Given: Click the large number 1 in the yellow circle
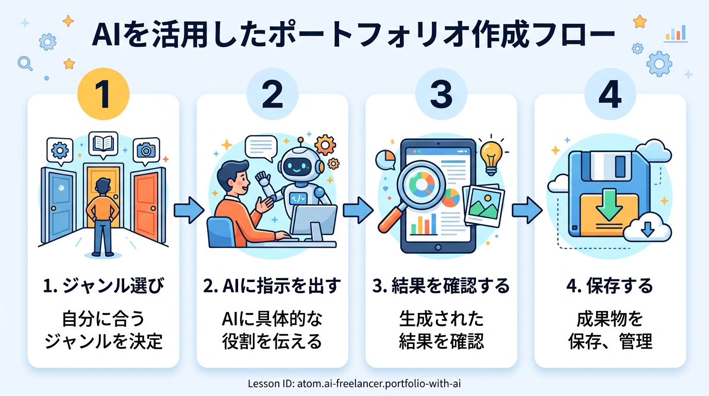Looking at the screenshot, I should click(103, 94).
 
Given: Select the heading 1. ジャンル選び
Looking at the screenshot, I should click(104, 286).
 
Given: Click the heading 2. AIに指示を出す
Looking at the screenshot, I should click(273, 286).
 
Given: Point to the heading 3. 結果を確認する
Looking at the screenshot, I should click(441, 286).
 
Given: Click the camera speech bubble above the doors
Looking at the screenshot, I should click(146, 150).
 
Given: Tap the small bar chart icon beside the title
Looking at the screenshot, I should click(676, 34).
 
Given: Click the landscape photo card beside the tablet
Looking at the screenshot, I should click(482, 205).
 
